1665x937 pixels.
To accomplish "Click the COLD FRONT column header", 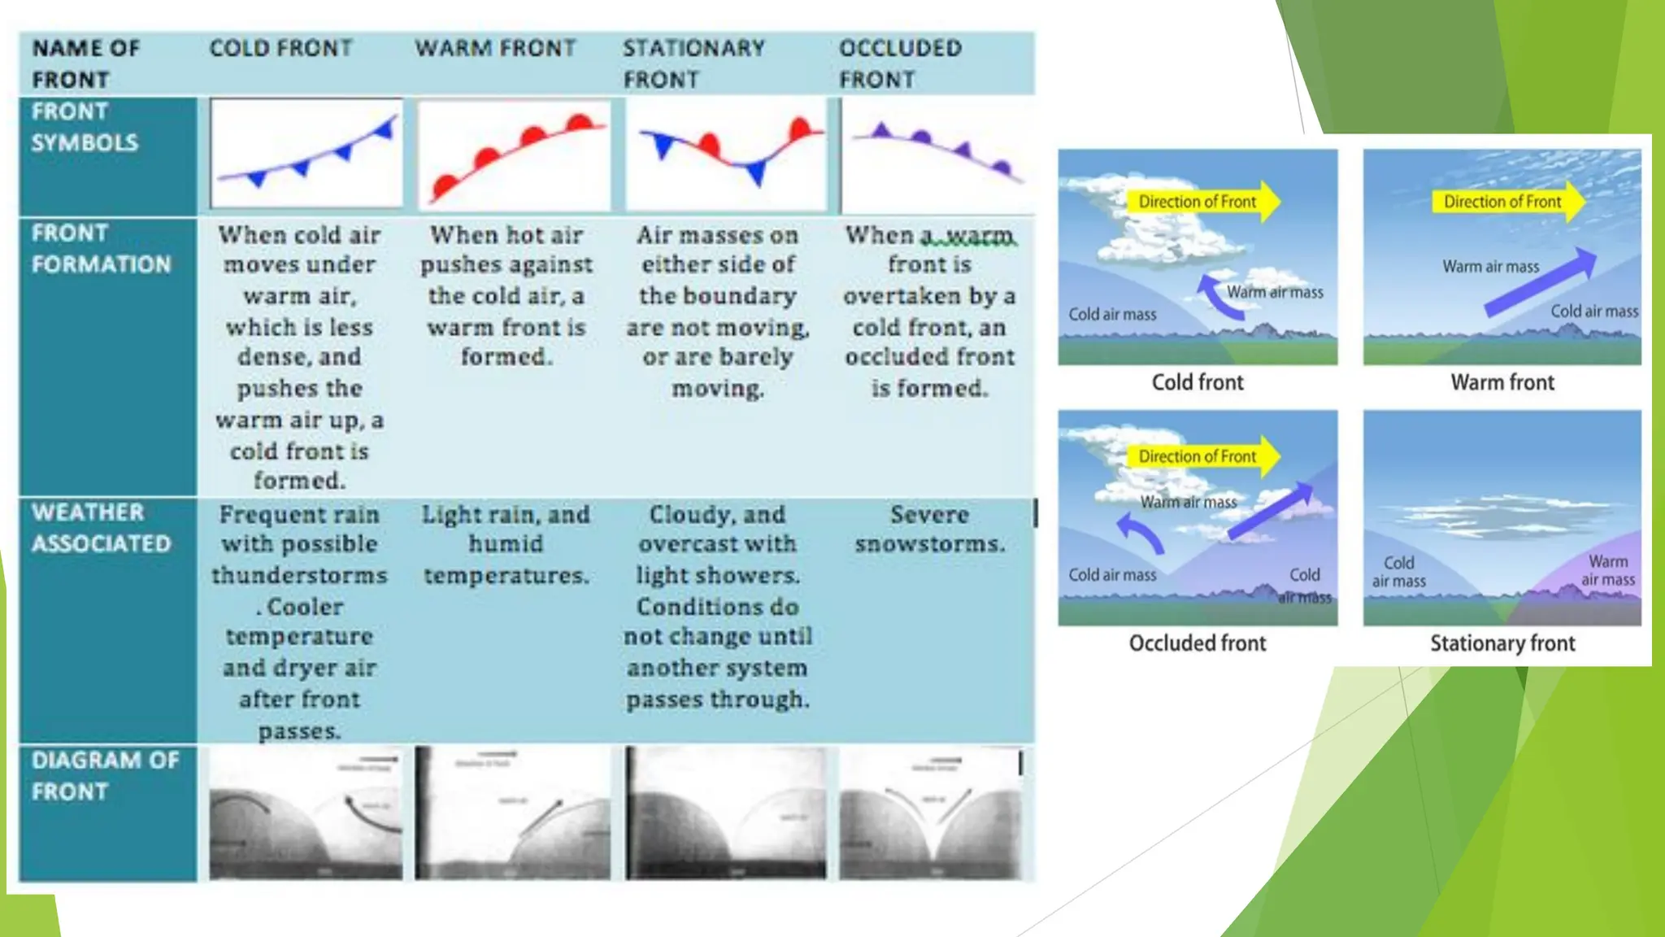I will point(280,48).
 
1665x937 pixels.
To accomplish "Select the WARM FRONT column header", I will point(495,48).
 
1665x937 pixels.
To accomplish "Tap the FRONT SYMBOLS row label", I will point(85,127).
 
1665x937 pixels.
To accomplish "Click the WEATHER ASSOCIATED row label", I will point(101,528).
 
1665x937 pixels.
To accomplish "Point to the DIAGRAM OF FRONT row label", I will point(105,775).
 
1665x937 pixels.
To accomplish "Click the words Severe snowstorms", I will point(929,529).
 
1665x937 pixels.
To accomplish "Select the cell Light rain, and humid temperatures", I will point(506,544).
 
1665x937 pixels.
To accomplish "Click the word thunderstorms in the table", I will point(299,575).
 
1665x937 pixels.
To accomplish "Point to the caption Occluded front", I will point(1197,643).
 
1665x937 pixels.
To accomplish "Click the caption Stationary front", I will point(1502,643).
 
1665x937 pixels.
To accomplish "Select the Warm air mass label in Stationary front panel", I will point(1607,570).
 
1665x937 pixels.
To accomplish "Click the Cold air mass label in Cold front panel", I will point(1111,314).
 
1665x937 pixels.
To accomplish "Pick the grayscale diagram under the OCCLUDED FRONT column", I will point(932,813).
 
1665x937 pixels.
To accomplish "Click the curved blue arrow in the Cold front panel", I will point(1215,298).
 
